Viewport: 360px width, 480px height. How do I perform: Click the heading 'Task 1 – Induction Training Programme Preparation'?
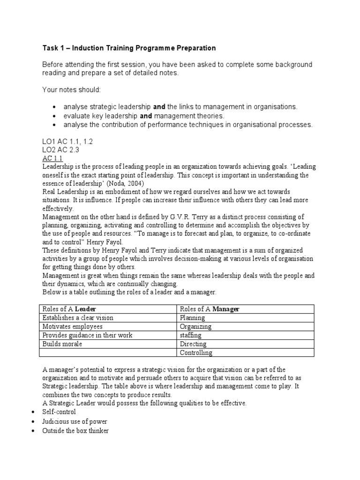[x=129, y=48]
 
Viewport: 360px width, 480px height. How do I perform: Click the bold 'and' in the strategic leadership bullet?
[x=159, y=107]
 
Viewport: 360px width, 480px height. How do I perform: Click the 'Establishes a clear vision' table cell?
[x=78, y=318]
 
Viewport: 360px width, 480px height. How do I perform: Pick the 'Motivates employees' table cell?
[x=72, y=326]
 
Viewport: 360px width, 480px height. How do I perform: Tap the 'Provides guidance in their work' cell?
[x=87, y=335]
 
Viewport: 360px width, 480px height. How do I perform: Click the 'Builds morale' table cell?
[x=62, y=344]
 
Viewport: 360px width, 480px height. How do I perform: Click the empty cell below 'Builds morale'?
[x=108, y=352]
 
